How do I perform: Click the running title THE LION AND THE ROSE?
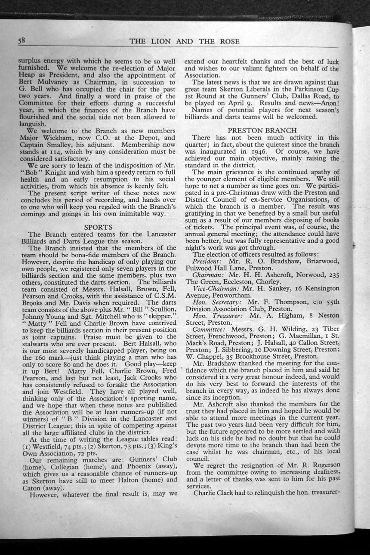click(184, 41)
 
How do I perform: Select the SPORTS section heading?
click(98, 227)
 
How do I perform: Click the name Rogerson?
click(319, 465)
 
